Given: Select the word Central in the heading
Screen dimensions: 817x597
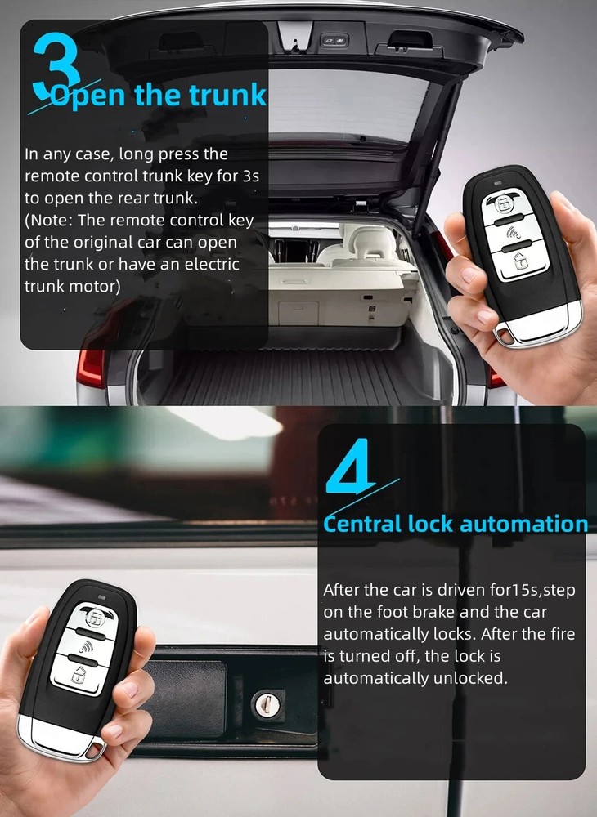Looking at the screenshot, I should [x=362, y=524].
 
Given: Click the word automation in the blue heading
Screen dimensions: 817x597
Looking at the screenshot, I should [x=523, y=524].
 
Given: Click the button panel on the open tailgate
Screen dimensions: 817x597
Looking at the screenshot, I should [x=333, y=38].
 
